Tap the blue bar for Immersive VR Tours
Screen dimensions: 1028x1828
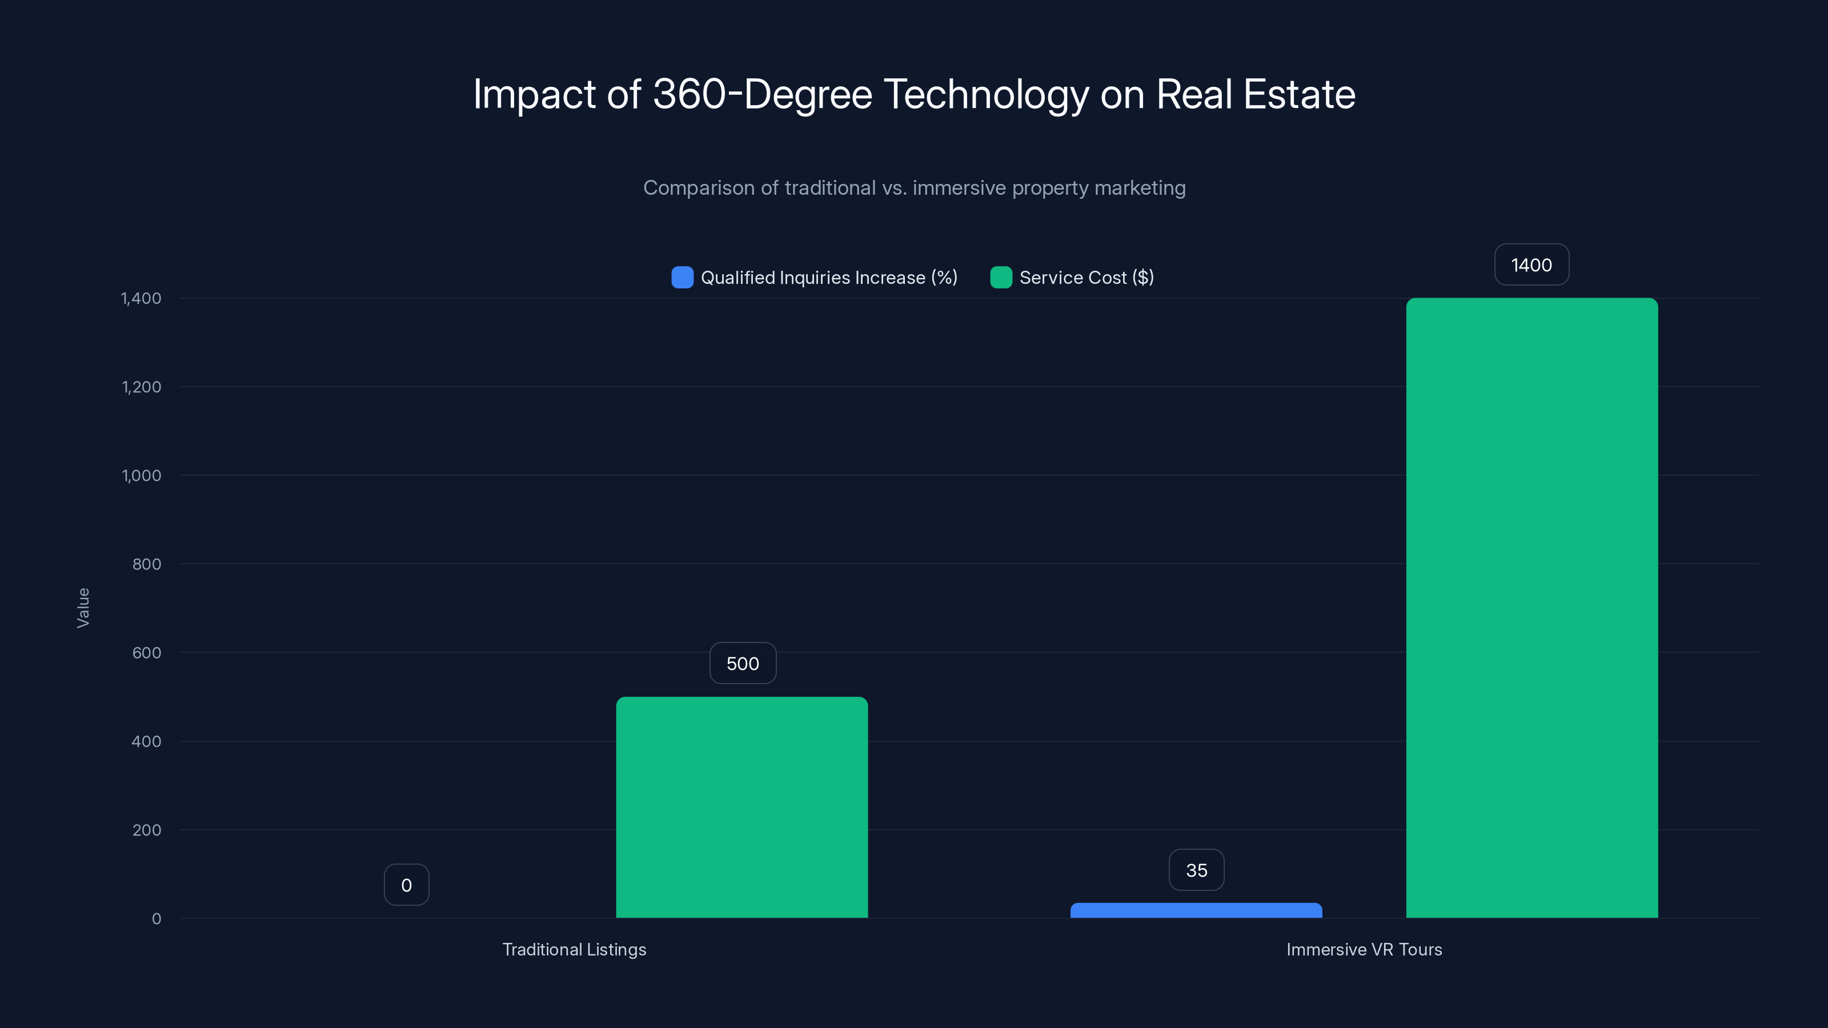point(1196,910)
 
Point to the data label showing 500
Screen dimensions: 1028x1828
point(742,663)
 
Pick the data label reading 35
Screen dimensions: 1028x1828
point(1196,870)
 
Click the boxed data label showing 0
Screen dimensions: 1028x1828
point(406,885)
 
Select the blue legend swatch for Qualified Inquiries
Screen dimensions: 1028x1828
point(682,278)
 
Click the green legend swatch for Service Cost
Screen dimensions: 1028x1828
point(1001,278)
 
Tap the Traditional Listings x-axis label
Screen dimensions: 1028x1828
point(574,949)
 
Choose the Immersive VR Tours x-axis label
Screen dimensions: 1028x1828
point(1364,949)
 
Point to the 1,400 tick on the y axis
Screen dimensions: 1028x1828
point(141,298)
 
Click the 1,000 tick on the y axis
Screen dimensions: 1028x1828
point(141,475)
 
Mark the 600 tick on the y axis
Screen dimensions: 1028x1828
point(146,653)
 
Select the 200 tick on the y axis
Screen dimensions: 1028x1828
point(146,830)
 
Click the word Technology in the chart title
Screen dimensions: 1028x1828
point(985,94)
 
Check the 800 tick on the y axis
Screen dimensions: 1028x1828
point(146,564)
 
